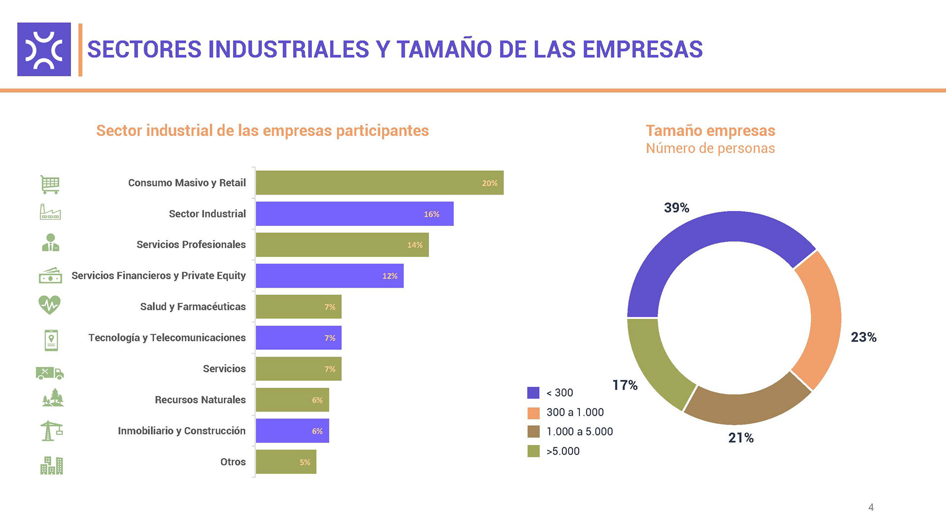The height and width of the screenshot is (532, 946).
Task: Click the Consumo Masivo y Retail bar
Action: coord(379,183)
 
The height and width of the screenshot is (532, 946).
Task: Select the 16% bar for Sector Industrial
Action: coord(354,214)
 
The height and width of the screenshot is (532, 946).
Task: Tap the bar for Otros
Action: coord(286,462)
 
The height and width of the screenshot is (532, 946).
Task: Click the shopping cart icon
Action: coord(50,184)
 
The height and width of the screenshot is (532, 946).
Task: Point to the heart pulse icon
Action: coord(49,305)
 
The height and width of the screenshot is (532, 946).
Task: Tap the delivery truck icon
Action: coord(50,373)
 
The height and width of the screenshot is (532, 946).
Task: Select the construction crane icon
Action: coord(51,431)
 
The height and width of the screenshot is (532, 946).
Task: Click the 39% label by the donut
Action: coord(676,208)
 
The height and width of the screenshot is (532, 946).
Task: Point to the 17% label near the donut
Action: coord(625,385)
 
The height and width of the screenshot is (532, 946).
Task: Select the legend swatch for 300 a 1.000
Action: coord(534,413)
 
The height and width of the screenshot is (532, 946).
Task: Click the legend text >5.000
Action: coord(563,451)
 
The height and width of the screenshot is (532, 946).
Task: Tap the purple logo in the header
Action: coord(44,49)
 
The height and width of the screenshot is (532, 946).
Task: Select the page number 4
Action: coord(871,507)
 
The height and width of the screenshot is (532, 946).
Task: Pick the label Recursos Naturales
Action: coord(200,400)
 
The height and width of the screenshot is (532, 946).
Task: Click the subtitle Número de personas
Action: coord(710,148)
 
